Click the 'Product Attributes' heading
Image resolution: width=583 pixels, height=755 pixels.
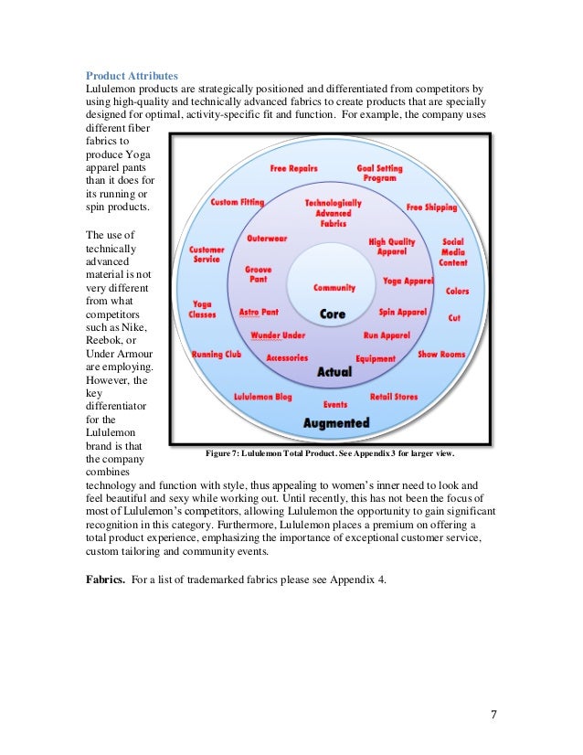click(x=132, y=75)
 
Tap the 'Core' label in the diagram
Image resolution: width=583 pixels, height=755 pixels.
click(x=333, y=314)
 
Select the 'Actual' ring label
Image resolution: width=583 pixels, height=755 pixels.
click(x=334, y=373)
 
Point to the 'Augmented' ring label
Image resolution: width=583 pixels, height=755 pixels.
click(x=336, y=423)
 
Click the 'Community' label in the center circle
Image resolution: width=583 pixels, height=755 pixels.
click(x=334, y=288)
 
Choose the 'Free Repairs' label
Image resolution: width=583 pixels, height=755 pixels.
click(x=293, y=169)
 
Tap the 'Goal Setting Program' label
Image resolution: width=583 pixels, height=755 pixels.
click(x=378, y=174)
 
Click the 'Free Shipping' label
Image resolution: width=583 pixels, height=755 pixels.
click(x=431, y=207)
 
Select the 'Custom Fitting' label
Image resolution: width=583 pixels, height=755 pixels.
click(x=237, y=202)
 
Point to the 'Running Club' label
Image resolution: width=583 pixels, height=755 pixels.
click(x=216, y=355)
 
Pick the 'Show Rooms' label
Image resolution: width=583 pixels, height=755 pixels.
click(x=441, y=354)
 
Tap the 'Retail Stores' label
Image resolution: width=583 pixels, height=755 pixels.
click(x=394, y=397)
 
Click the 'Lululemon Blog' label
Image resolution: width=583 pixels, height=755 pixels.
click(x=263, y=398)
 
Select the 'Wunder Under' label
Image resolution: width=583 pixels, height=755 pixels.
click(x=278, y=335)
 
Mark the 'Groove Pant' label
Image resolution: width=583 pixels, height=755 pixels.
click(x=258, y=275)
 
